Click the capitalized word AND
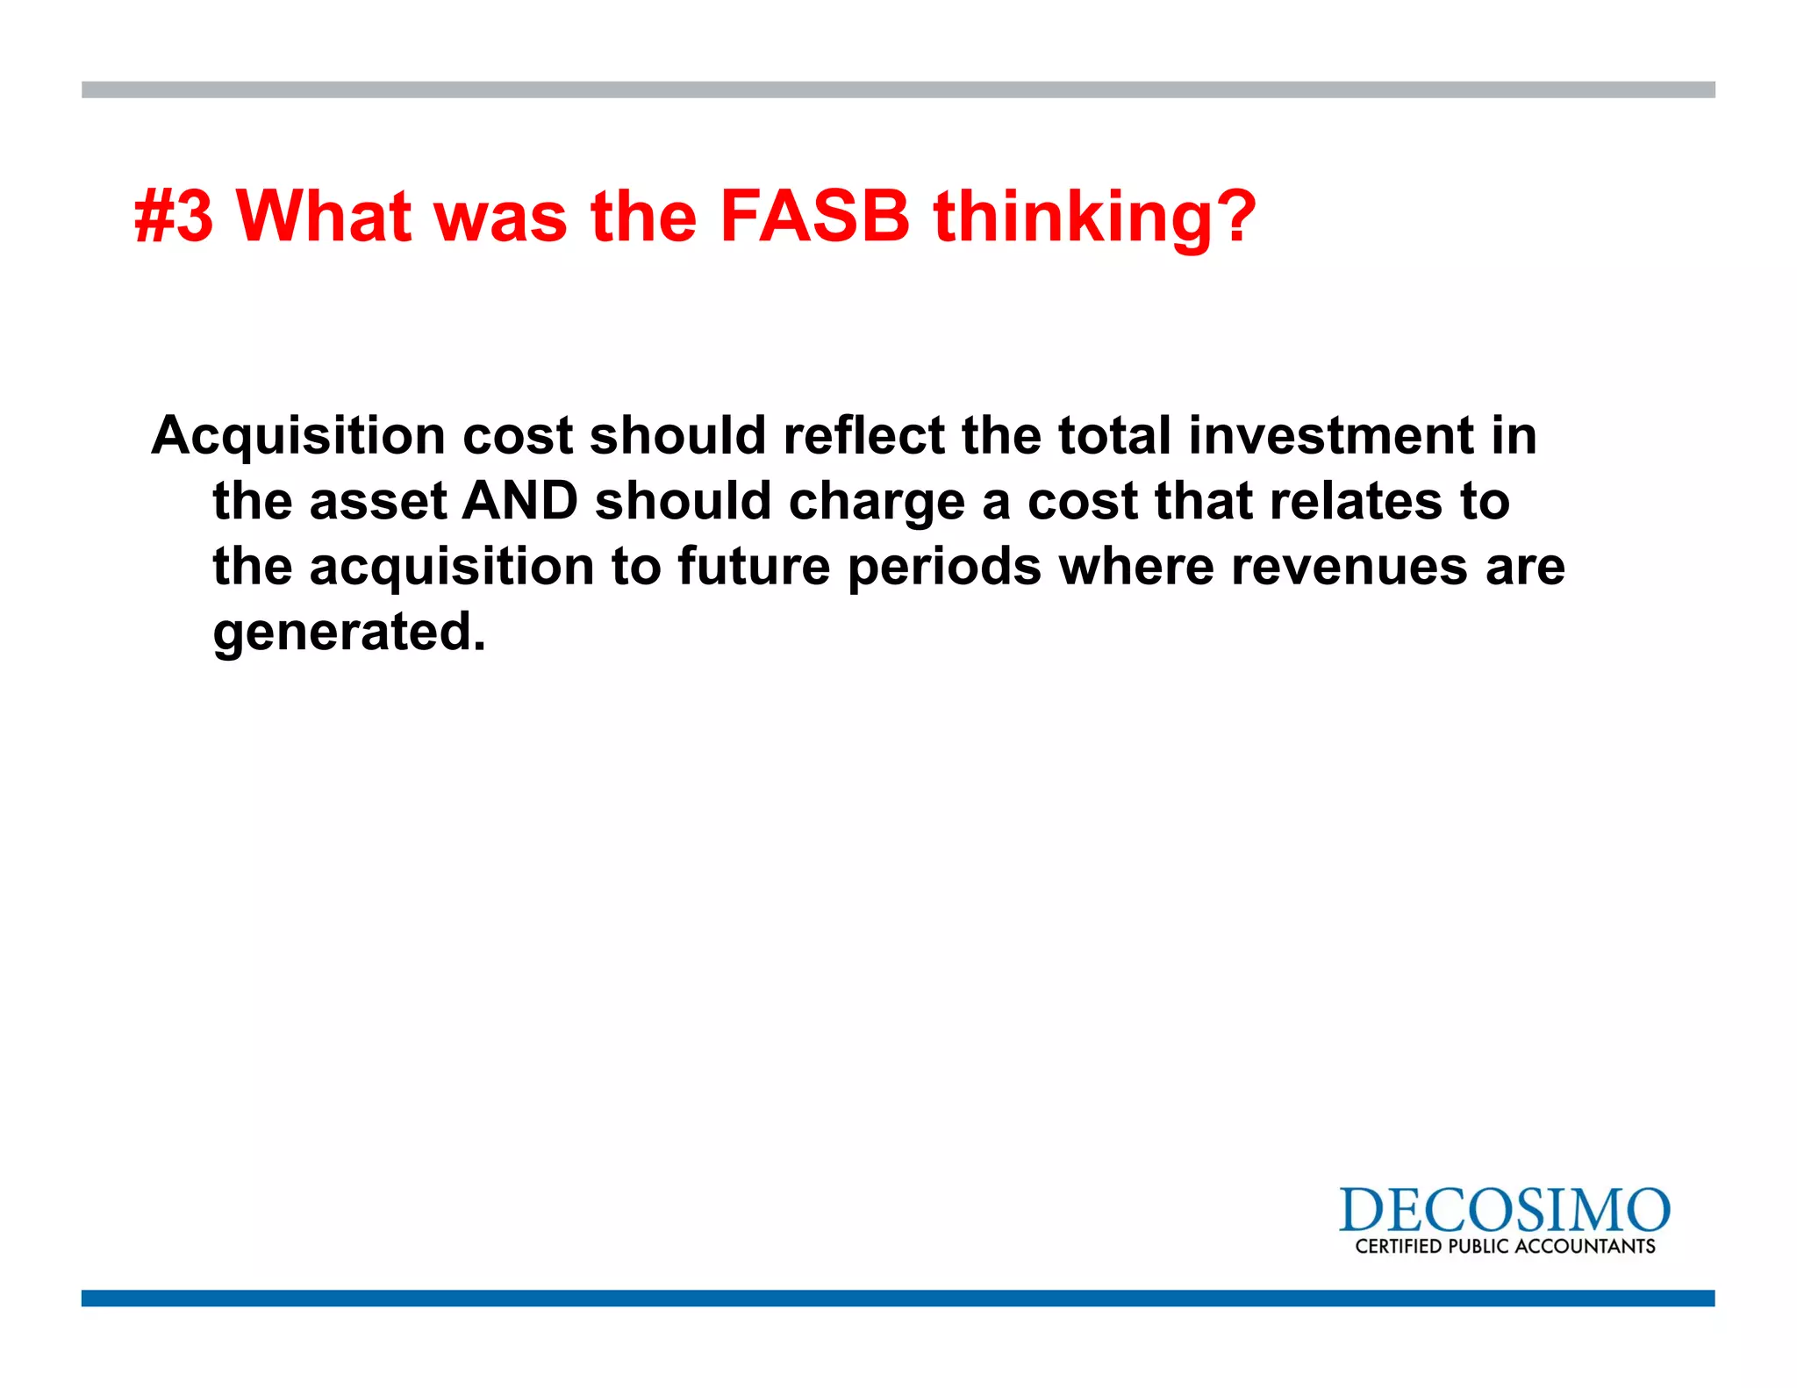coord(519,501)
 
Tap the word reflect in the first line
coord(863,436)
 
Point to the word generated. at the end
coord(348,633)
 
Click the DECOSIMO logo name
coord(1504,1211)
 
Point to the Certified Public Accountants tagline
coord(1504,1246)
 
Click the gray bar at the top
coord(898,89)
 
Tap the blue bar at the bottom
coord(898,1298)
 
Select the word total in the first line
coord(1113,436)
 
